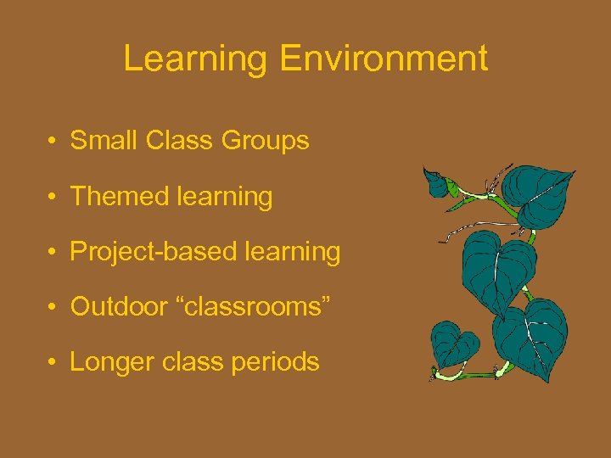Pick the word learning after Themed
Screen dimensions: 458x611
click(225, 197)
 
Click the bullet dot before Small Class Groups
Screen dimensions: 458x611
click(53, 142)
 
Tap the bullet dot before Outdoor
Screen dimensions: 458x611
click(53, 308)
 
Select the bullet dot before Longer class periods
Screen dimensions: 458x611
click(53, 363)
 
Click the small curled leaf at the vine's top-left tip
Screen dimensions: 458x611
click(436, 182)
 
